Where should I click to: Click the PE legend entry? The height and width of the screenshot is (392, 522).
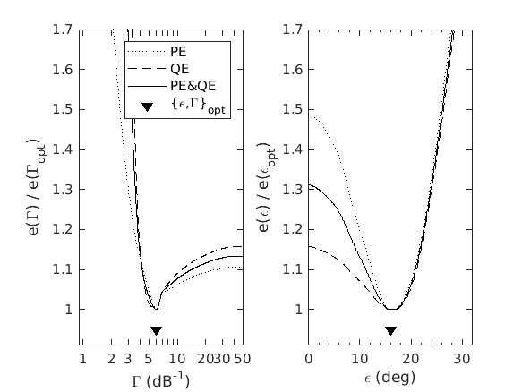click(x=179, y=52)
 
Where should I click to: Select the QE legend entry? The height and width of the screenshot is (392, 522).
click(x=179, y=69)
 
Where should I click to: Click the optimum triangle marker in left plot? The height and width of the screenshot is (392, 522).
click(x=157, y=330)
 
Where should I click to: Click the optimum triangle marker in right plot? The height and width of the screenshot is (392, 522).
click(x=390, y=330)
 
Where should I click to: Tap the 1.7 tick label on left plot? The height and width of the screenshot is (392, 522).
click(x=62, y=30)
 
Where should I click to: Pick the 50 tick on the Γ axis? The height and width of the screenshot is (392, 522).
click(x=237, y=359)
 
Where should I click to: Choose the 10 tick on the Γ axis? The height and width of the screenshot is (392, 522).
click(x=176, y=359)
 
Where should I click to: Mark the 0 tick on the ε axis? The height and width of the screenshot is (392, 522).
click(x=309, y=359)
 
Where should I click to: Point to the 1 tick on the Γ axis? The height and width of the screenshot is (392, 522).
click(x=82, y=359)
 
